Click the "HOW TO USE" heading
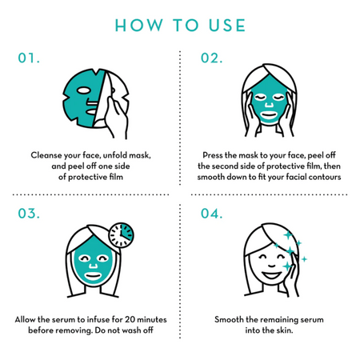coord(180,26)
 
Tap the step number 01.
coord(29,58)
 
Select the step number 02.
coord(211,58)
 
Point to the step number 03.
coord(29,214)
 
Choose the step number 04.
coord(211,214)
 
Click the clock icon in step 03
coord(122,235)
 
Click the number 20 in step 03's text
coord(130,319)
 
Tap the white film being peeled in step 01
coord(102,98)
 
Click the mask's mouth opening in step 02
coord(269,115)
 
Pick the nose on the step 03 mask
coord(94,266)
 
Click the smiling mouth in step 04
coord(271,275)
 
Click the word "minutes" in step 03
coord(152,319)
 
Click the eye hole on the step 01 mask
coord(84,90)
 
